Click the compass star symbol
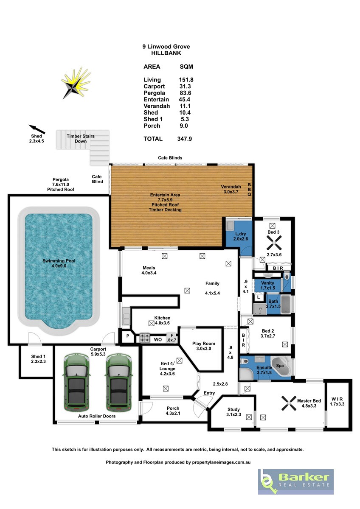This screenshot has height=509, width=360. point(75,84)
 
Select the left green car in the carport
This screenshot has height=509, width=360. point(76,383)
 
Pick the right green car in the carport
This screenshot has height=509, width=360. point(119,383)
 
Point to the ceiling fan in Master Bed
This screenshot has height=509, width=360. point(289,403)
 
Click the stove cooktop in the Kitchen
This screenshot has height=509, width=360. point(145,338)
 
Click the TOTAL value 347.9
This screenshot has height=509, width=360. point(184,139)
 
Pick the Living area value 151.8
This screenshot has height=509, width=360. point(186,80)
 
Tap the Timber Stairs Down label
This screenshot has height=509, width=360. point(81,139)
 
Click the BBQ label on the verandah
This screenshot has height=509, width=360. point(249,190)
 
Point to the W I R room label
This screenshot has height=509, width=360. point(337,399)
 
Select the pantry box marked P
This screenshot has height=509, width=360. point(128,336)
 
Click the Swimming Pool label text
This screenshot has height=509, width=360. point(59,261)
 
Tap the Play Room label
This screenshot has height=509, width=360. point(203,344)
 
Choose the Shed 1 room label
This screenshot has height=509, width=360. point(38,357)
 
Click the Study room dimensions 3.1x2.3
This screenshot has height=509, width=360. point(233,414)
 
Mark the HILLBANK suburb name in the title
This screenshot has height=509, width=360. point(166,53)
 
